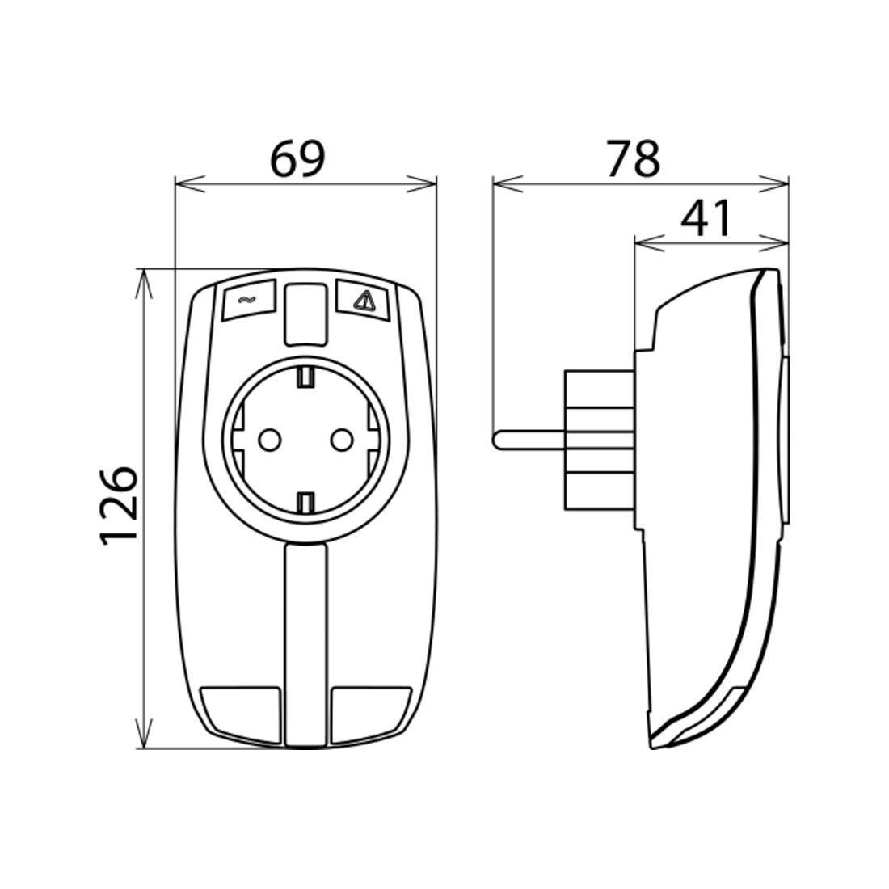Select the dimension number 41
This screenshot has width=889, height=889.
coord(706,219)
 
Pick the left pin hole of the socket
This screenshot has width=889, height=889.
coord(269,439)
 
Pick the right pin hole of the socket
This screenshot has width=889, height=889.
coord(341,439)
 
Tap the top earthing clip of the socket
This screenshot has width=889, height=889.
coord(305,377)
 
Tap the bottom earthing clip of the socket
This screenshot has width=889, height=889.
coord(305,502)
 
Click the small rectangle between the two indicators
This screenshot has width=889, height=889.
coord(305,314)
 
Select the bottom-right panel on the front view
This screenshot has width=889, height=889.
coord(369,714)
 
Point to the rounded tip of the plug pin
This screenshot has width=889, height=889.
coord(495,440)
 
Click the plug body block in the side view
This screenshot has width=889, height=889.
coord(600,440)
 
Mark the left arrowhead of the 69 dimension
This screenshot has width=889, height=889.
coord(189,184)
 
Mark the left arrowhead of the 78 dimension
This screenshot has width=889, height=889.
coord(507,184)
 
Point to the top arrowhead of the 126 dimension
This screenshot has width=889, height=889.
coord(145,284)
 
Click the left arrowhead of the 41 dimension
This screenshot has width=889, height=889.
coord(649,243)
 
